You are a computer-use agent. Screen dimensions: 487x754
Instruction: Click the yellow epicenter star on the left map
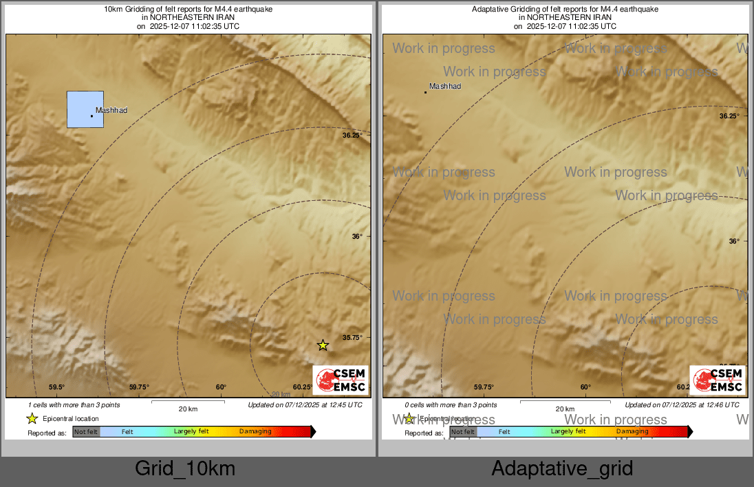coord(323,345)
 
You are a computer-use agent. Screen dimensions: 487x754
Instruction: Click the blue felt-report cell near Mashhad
coord(85,109)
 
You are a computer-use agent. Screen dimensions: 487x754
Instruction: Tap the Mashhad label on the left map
coord(111,111)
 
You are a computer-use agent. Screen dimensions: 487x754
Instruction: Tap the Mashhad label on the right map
coord(445,87)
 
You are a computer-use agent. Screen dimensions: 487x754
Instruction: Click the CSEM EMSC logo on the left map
coord(341,380)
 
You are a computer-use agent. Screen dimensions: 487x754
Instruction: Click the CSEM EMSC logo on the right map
coord(718,380)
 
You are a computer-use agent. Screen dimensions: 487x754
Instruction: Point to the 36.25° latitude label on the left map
coord(352,136)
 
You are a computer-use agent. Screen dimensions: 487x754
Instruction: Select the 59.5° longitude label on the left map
coord(56,387)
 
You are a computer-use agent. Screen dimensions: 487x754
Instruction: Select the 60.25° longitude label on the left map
coord(303,387)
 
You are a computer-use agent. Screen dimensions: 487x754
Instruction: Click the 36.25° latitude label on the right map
coord(729,116)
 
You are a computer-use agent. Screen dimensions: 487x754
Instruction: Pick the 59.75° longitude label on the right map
coord(484,387)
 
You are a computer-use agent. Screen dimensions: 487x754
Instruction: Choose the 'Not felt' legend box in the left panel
coord(86,432)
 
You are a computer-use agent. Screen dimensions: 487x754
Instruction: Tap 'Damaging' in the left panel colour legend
coord(255,432)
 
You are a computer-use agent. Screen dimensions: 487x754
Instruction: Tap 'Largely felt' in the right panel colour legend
coord(568,432)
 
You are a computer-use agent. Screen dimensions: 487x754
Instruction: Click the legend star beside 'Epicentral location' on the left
coord(32,418)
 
